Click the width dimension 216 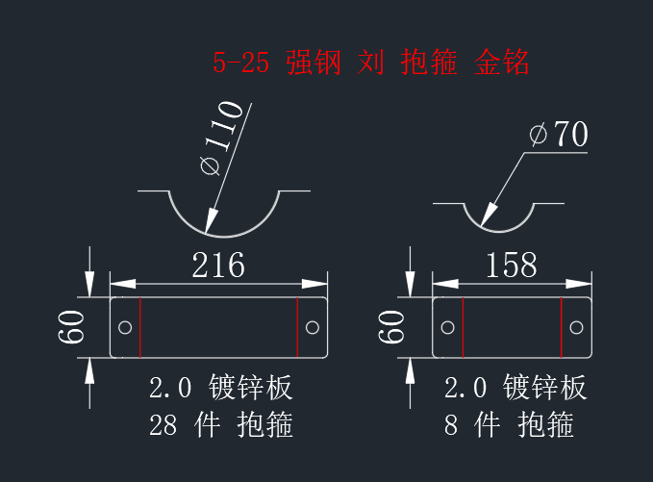click(218, 265)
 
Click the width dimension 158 click(512, 265)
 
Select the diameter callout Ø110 click(221, 138)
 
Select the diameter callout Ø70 click(559, 134)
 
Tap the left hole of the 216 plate click(125, 327)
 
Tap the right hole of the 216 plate click(313, 327)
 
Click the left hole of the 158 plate click(448, 327)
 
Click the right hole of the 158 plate click(576, 327)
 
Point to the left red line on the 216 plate click(140, 327)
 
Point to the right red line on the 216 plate click(297, 327)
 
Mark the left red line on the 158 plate click(464, 327)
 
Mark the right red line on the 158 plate click(562, 327)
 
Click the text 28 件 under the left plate click(185, 425)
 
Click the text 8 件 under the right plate click(472, 425)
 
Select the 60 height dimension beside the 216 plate click(71, 327)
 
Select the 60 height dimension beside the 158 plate click(391, 327)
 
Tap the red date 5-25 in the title click(240, 63)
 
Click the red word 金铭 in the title click(501, 63)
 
